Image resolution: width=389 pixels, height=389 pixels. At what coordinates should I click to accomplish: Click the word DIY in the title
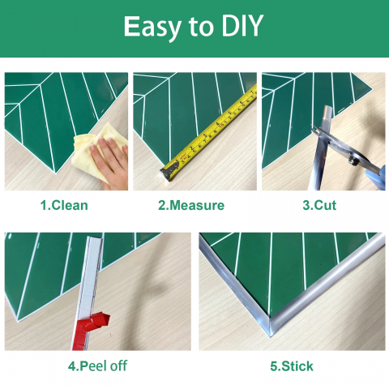click(x=242, y=26)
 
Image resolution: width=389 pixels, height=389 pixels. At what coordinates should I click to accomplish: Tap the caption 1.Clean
click(x=64, y=205)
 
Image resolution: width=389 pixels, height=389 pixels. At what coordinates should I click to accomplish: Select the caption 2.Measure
click(x=191, y=205)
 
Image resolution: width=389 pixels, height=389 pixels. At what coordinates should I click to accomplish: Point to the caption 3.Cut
click(x=319, y=205)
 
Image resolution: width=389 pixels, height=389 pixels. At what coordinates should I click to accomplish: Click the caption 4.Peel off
click(x=97, y=366)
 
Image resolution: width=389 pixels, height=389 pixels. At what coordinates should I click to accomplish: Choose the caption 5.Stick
click(x=292, y=366)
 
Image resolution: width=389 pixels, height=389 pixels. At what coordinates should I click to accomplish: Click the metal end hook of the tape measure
click(x=169, y=171)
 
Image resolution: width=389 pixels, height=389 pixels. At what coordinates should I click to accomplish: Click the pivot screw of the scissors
click(x=355, y=161)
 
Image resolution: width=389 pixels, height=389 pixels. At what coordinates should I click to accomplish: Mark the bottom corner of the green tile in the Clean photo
click(x=56, y=172)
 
